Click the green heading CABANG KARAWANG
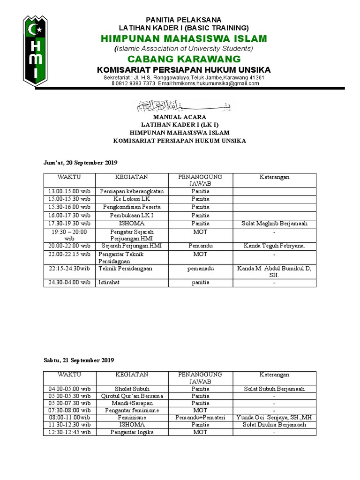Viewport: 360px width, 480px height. (x=185, y=59)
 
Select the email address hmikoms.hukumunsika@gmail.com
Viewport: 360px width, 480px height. (x=208, y=83)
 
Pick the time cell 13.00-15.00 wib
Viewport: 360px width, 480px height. (x=69, y=191)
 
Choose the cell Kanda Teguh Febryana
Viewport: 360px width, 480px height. (x=274, y=246)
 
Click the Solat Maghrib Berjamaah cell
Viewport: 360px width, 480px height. (x=274, y=224)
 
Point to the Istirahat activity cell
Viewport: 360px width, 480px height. (x=108, y=283)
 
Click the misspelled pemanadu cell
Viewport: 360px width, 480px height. (x=200, y=268)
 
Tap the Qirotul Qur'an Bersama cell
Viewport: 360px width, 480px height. (x=132, y=396)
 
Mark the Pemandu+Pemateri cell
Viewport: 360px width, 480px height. (x=200, y=417)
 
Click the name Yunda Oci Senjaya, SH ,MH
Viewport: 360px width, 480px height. (x=274, y=417)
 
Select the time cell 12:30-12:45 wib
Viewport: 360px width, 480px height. (x=69, y=432)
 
